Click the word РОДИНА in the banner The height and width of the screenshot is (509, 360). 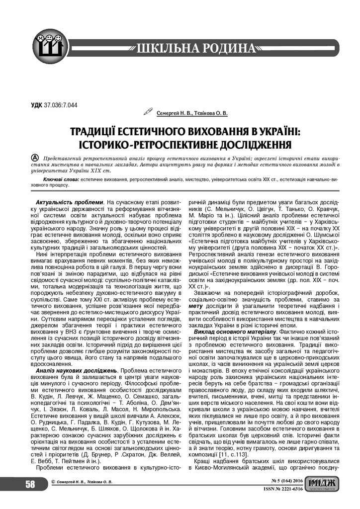[x=227, y=48]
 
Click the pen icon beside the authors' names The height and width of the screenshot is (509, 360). [x=148, y=112]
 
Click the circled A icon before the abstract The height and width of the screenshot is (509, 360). [x=35, y=157]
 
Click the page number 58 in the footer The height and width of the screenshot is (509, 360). [x=30, y=484]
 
